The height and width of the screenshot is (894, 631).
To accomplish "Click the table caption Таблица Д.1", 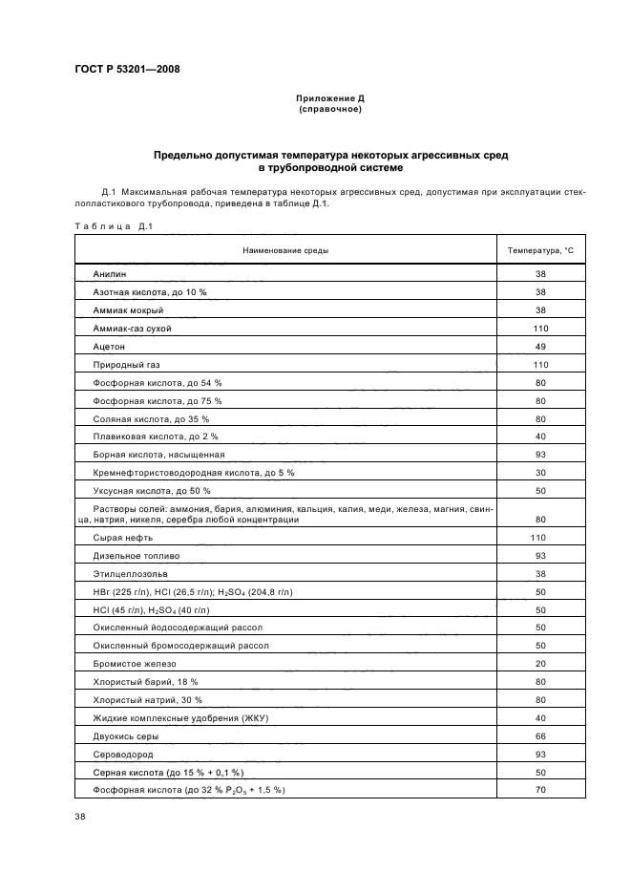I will pyautogui.click(x=114, y=226).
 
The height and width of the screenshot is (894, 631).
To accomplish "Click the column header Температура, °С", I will pyautogui.click(x=540, y=250).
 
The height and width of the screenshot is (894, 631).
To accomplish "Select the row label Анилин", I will pyautogui.click(x=110, y=274).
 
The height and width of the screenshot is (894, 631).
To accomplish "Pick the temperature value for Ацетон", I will pyautogui.click(x=540, y=347).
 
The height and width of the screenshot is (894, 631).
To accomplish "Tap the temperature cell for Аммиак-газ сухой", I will pyautogui.click(x=540, y=329).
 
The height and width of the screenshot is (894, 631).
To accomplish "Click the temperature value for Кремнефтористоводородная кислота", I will pyautogui.click(x=540, y=473).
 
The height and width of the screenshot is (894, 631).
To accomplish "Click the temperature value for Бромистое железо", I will pyautogui.click(x=540, y=664).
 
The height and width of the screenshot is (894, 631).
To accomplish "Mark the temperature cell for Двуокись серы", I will pyautogui.click(x=540, y=736).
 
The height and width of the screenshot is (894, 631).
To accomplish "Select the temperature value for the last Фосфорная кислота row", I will pyautogui.click(x=540, y=791).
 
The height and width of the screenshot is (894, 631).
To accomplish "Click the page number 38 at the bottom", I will pyautogui.click(x=80, y=817).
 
